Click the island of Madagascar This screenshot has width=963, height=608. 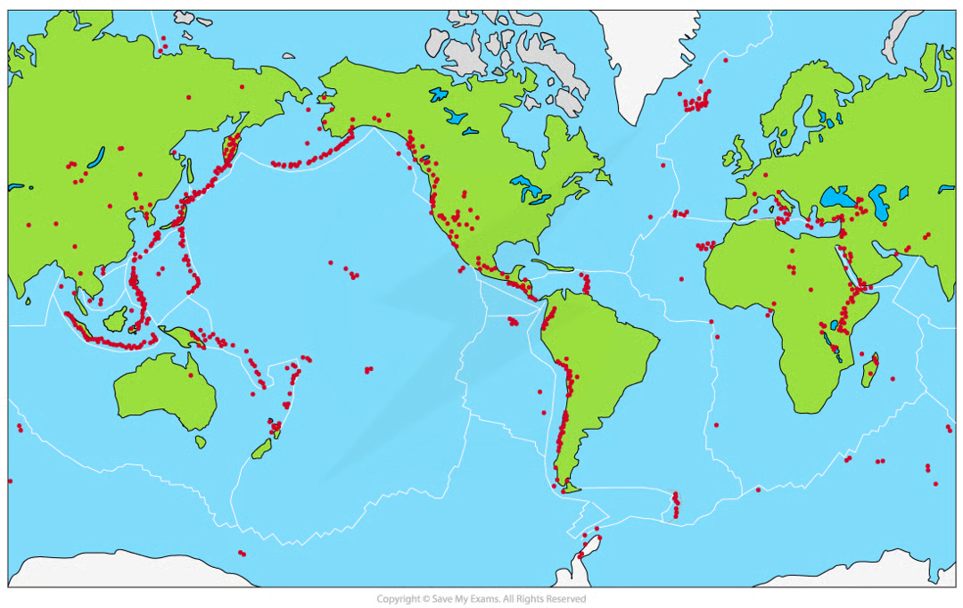(869, 370)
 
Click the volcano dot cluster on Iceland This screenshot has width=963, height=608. (695, 101)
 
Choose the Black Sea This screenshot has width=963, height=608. (830, 198)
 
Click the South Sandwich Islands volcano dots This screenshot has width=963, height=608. (676, 504)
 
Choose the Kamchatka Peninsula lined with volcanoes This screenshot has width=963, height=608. (232, 147)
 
